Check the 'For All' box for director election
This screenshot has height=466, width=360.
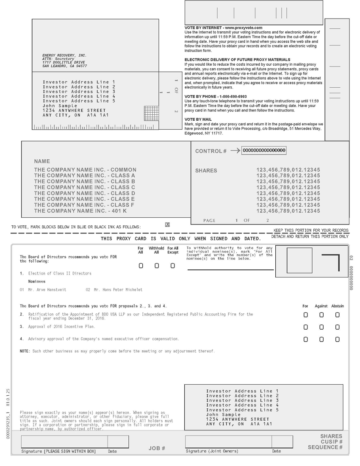(x=141, y=266)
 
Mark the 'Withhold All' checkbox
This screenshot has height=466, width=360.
(x=157, y=266)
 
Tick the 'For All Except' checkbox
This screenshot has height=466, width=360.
(x=172, y=266)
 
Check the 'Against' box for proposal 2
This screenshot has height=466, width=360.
(x=321, y=315)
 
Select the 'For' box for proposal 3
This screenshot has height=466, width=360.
(x=306, y=327)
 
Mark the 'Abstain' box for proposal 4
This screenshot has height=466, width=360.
(x=337, y=339)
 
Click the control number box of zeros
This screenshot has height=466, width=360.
(x=264, y=150)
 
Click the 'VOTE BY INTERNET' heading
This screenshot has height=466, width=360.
(x=223, y=28)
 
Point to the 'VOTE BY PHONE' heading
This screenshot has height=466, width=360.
(x=216, y=97)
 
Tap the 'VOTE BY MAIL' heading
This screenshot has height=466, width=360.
(x=198, y=119)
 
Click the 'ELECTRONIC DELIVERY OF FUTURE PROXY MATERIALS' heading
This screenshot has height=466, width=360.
(x=237, y=60)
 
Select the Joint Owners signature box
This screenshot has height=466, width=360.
(x=228, y=441)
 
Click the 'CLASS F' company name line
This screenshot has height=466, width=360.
(x=84, y=205)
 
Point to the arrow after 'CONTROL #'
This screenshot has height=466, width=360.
(x=235, y=150)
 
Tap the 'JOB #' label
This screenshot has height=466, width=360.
(x=157, y=448)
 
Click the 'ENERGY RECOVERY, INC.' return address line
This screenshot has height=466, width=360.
(x=64, y=55)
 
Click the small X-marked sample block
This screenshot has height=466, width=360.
(x=167, y=225)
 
